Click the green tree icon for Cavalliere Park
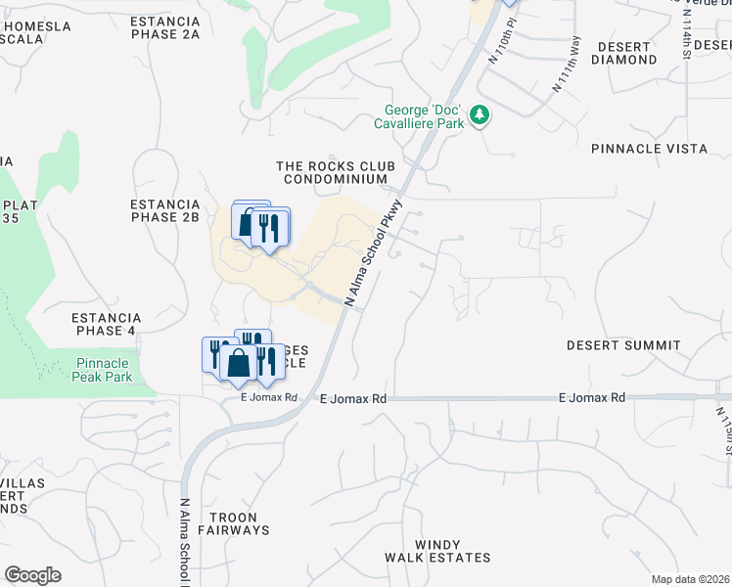pyautogui.click(x=480, y=115)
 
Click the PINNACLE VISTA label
pyautogui.click(x=649, y=149)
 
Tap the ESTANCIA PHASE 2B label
pyautogui.click(x=164, y=210)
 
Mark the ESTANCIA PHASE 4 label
pyautogui.click(x=107, y=324)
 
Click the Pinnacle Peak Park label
pyautogui.click(x=104, y=370)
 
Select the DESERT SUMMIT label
pyautogui.click(x=623, y=345)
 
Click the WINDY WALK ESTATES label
pyautogui.click(x=437, y=551)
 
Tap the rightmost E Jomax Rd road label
pyautogui.click(x=591, y=398)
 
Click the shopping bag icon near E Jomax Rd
pyautogui.click(x=238, y=363)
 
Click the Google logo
pyautogui.click(x=32, y=575)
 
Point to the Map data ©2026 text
pyautogui.click(x=690, y=579)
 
